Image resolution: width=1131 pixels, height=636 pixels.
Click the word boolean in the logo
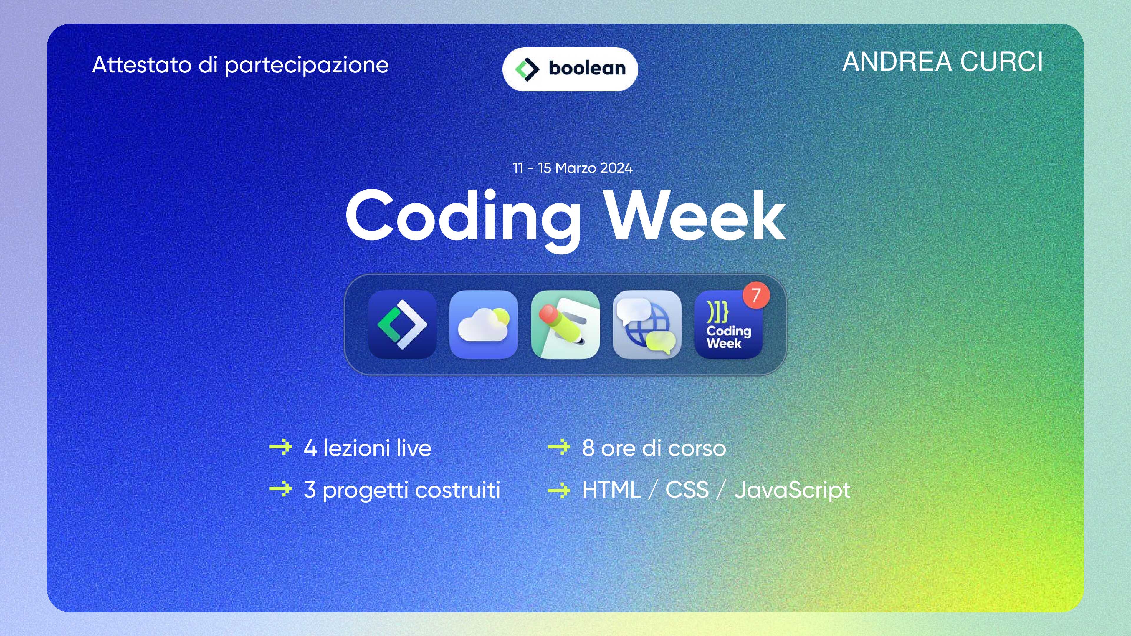(587, 69)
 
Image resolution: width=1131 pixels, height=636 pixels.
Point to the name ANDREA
(897, 62)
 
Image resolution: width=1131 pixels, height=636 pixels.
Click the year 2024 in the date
(616, 168)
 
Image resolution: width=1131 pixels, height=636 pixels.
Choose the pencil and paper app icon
(565, 324)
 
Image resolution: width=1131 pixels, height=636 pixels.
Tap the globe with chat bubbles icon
(647, 324)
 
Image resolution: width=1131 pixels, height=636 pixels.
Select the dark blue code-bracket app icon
(402, 324)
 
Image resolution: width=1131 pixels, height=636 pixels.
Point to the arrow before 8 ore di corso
(559, 447)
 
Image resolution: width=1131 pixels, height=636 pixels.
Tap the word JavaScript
(793, 490)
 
